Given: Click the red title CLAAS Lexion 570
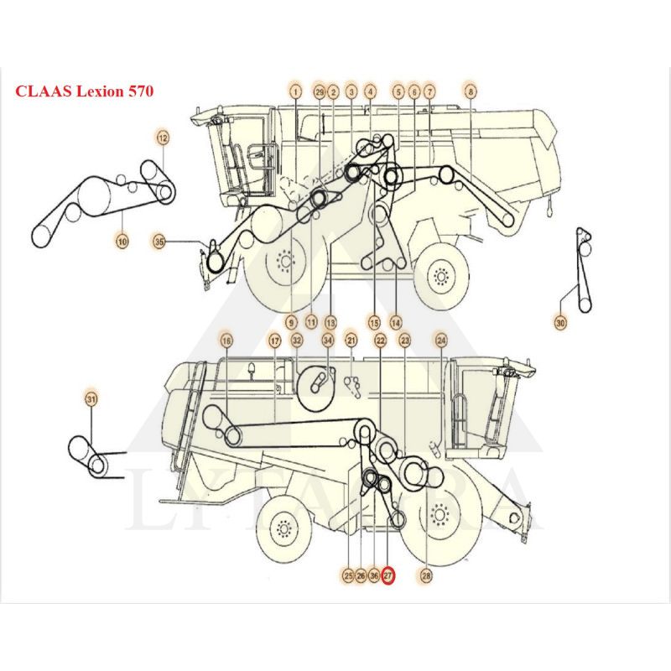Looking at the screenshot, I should (x=83, y=90).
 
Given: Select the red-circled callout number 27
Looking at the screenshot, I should (x=388, y=575).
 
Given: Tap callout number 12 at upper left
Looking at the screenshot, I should (x=162, y=138).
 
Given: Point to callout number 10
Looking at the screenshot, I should (x=122, y=242).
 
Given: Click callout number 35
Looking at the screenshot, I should (x=159, y=242).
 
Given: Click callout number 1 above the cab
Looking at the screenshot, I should (x=295, y=91).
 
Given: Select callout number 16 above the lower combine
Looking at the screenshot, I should (x=226, y=341).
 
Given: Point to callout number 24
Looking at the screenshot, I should (x=441, y=341).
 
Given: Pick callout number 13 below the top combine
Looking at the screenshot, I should (x=330, y=321).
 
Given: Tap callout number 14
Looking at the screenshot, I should (x=395, y=321).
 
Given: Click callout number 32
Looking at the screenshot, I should (x=296, y=341).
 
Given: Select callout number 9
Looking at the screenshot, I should (x=292, y=321).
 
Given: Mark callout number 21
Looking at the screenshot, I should (x=351, y=341).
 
